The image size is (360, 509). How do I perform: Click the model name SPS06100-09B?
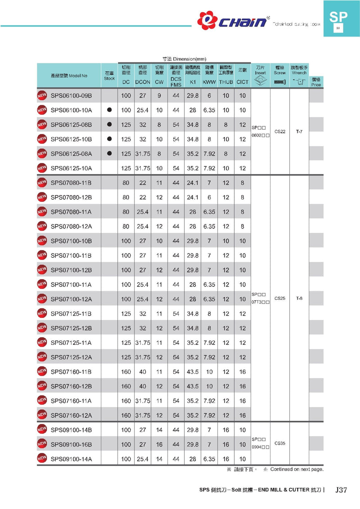71,95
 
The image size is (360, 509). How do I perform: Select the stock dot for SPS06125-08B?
109,125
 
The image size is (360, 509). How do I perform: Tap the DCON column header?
143,82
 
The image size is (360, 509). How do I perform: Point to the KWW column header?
209,82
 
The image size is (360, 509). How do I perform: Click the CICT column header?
243,82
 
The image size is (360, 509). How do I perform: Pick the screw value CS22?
280,132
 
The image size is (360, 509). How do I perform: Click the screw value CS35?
280,443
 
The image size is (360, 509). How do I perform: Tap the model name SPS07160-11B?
71,372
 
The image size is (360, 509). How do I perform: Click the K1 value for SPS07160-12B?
193,386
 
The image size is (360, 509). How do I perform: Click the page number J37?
342,490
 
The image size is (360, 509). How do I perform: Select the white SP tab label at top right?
338,18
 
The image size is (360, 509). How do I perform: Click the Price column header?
316,82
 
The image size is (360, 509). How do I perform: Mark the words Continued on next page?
297,469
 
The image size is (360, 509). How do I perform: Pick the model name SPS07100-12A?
71,299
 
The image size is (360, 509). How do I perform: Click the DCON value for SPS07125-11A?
143,343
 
